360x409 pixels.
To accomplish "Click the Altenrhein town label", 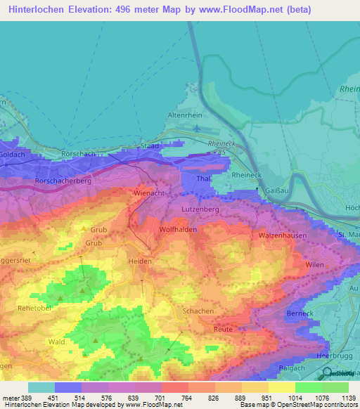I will [185, 115].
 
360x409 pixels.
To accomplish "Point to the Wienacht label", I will [148, 192].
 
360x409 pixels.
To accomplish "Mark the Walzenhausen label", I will [283, 235].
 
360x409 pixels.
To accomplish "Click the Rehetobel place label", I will [34, 309].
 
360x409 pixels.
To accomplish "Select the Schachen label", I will [198, 311].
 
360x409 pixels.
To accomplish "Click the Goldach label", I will [13, 152].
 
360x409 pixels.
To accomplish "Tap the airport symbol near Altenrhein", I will [196, 129].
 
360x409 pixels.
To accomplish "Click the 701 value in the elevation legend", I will [148, 398].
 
